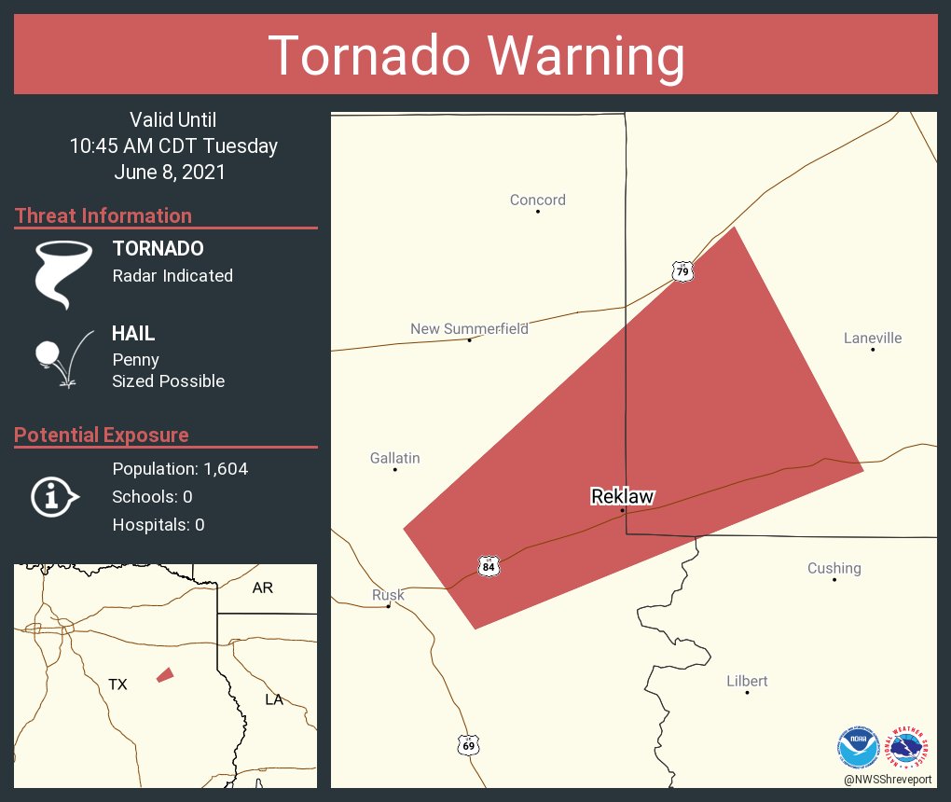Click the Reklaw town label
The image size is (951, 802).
pos(622,496)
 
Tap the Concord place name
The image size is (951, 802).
pos(537,200)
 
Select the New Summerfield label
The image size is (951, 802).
pos(469,328)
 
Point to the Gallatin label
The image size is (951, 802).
pos(394,458)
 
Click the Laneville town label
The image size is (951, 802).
pos(873,338)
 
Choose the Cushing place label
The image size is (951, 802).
pos(834,568)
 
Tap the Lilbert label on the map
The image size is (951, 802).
pos(747,681)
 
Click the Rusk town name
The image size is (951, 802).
pos(388,595)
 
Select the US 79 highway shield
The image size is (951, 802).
pos(683,271)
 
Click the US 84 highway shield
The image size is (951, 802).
pos(489,566)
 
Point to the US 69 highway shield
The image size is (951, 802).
pos(469,744)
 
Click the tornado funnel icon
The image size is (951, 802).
pos(63,273)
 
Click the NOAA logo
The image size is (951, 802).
pos(858,746)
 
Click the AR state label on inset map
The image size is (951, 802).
pos(263,588)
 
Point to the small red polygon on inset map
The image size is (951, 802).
pos(165,674)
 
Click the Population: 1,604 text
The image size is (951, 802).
pos(180,468)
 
